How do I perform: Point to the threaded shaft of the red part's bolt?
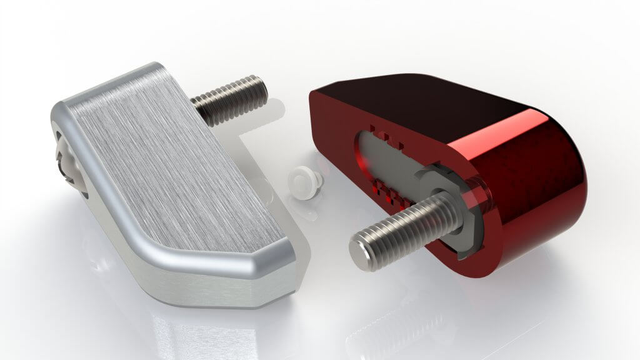pyautogui.click(x=406, y=222)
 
